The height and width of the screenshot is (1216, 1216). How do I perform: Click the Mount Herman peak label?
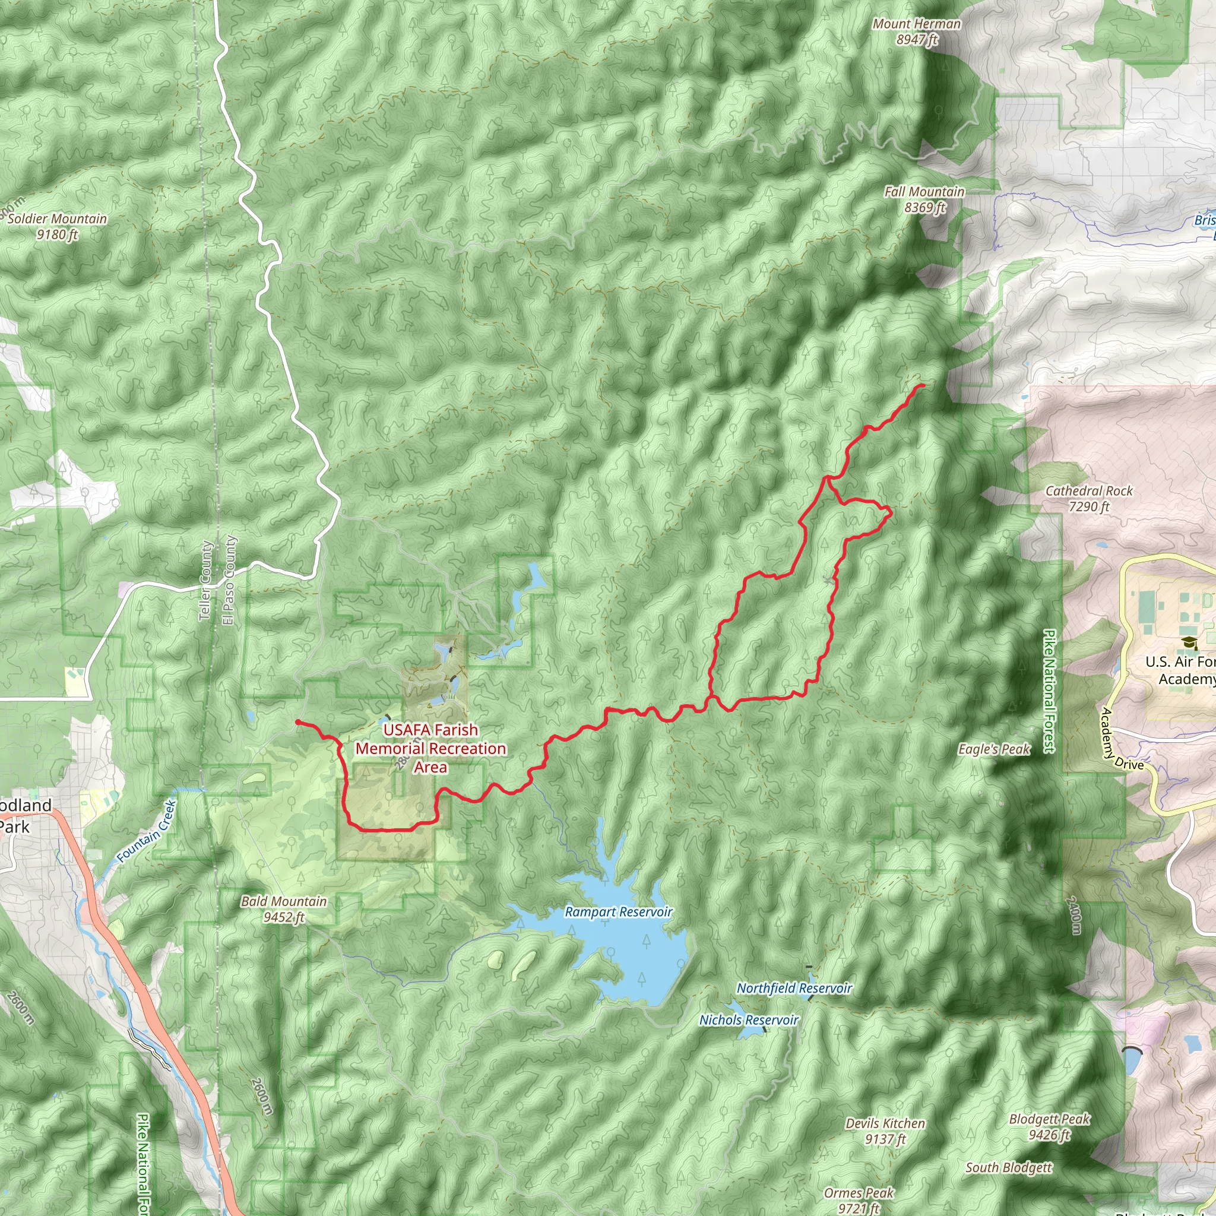pos(916,31)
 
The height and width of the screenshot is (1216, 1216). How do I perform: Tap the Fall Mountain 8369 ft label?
pos(924,199)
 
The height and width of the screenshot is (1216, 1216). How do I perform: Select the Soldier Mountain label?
pos(57,227)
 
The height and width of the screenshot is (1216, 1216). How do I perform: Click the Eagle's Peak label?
pos(994,749)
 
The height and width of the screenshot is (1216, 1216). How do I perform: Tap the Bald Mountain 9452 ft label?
pos(284,909)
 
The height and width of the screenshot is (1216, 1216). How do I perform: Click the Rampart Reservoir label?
pos(618,912)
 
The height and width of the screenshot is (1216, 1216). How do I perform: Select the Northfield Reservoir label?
pos(794,988)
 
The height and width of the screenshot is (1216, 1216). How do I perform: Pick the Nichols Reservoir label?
pos(749,1019)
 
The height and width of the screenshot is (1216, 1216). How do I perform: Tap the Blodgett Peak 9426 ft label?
pos(1049,1126)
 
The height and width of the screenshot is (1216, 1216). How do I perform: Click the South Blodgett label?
pos(1008,1167)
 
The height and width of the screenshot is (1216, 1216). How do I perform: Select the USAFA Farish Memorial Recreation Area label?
pos(430,748)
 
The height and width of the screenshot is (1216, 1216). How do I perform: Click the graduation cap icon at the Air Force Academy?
pos(1189,642)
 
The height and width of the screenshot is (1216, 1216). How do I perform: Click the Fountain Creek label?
pos(146,831)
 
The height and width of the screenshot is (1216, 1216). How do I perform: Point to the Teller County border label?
pos(205,581)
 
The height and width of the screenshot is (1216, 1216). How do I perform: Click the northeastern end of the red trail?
pos(923,385)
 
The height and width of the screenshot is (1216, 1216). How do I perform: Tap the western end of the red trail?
pos(296,721)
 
